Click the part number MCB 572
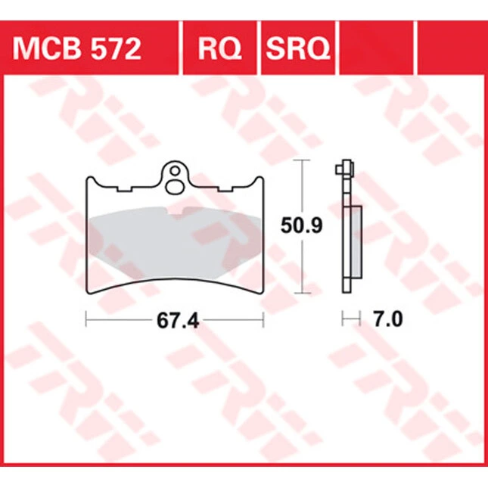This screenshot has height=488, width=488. coord(77,49)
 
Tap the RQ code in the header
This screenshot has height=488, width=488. coord(219,49)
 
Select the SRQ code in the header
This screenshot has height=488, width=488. coord(298,49)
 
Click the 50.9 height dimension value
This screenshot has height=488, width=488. coord(301,225)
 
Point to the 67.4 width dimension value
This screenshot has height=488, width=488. coord(178,321)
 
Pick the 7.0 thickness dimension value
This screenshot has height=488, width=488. coord(388,319)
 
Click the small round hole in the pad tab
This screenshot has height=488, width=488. coord(176,170)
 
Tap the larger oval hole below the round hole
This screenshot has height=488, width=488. coord(176,187)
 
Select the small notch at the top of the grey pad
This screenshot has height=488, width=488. coord(176,210)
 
